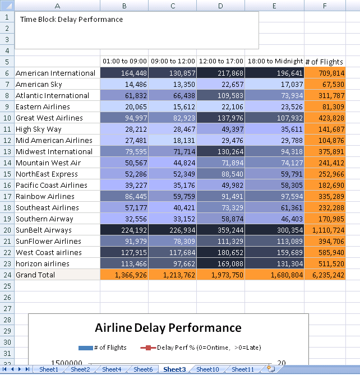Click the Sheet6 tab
(x=143, y=369)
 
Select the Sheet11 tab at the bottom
(x=243, y=369)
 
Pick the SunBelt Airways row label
(x=44, y=230)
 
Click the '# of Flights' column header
(x=324, y=62)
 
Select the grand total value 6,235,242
(x=324, y=275)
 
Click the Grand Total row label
(x=35, y=275)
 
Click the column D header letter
(x=220, y=6)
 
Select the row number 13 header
(x=7, y=151)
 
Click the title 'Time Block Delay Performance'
(x=71, y=19)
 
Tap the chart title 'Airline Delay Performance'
(x=168, y=328)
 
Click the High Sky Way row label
(x=39, y=129)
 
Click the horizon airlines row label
(x=43, y=263)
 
